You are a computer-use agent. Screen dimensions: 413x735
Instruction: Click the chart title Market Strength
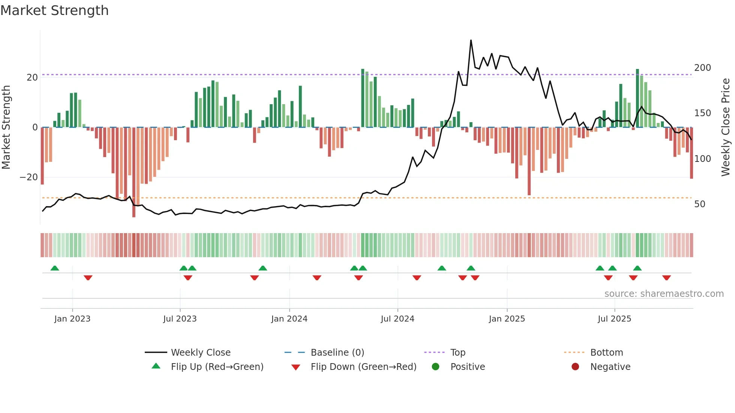(54, 10)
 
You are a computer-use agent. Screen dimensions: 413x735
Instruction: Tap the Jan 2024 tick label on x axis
(289, 319)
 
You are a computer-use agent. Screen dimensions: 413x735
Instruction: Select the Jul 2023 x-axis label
(180, 319)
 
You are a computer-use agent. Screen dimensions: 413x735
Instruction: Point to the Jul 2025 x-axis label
(614, 319)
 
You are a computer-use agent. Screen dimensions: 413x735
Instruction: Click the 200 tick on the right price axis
(702, 68)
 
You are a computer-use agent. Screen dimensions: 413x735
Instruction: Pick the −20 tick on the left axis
(29, 177)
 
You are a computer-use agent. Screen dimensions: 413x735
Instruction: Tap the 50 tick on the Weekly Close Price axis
(699, 204)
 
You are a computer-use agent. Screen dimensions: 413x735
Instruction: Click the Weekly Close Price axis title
(726, 127)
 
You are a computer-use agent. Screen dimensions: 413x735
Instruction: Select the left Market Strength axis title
(6, 127)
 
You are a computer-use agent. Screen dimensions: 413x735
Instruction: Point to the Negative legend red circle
(575, 367)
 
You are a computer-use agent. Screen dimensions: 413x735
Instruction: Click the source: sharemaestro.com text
(664, 294)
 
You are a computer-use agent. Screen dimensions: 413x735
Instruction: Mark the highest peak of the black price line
(471, 40)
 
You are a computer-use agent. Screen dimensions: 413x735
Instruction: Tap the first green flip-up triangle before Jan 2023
(55, 268)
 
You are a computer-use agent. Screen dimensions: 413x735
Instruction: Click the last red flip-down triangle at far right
(666, 278)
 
